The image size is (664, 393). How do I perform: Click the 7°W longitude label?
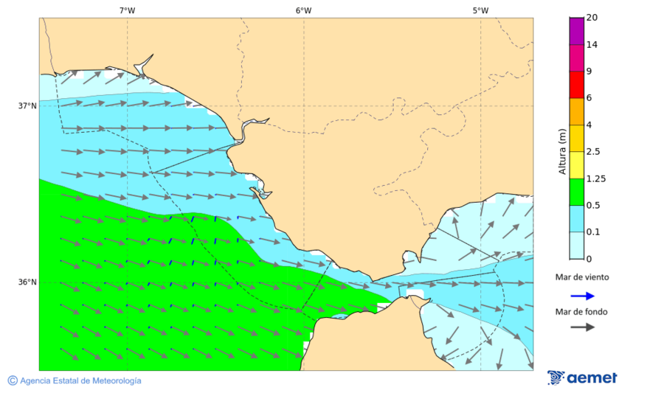(x=127, y=10)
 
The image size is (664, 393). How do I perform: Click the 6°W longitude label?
(x=303, y=10)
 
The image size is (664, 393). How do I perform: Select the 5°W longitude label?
(x=480, y=10)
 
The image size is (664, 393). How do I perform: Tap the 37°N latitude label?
(x=27, y=105)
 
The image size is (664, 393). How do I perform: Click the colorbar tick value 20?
(x=592, y=18)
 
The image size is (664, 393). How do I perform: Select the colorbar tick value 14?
(x=592, y=45)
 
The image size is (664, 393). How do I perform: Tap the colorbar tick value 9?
(x=589, y=72)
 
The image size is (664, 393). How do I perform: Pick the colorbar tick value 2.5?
(x=592, y=152)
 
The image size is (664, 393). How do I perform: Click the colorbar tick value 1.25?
(x=595, y=178)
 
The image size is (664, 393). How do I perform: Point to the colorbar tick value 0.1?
(x=592, y=232)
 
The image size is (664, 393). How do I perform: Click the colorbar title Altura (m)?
(x=562, y=151)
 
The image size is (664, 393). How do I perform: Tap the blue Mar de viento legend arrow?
(x=582, y=296)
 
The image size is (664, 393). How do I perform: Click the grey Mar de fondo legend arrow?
(x=582, y=327)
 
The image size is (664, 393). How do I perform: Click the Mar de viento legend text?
(x=582, y=277)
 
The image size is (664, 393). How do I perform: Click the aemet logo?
(x=582, y=378)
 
